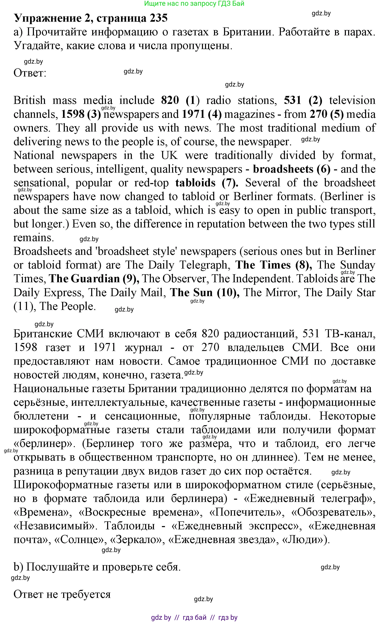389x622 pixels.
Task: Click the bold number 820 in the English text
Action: (x=170, y=100)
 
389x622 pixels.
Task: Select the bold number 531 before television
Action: (x=293, y=100)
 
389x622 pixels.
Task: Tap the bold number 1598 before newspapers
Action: (x=73, y=114)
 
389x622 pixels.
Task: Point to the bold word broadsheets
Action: (x=283, y=169)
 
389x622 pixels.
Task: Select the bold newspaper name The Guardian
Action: (x=84, y=279)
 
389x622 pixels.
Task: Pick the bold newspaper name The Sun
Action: (x=191, y=293)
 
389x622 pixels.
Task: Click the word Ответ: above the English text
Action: (x=30, y=73)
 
